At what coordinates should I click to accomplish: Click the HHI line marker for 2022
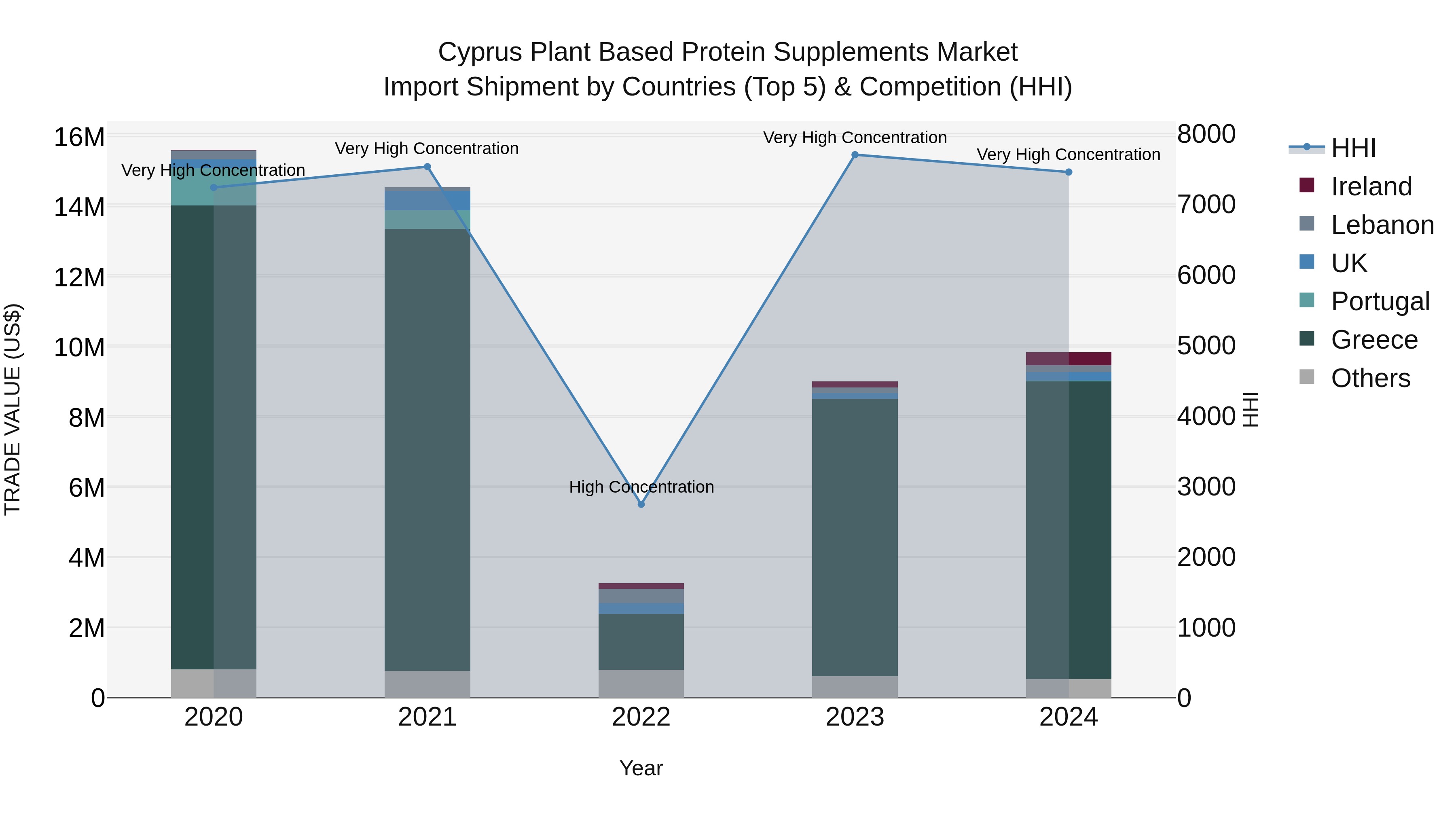point(641,504)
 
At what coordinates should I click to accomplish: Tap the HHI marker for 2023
point(855,155)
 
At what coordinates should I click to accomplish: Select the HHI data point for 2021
point(427,167)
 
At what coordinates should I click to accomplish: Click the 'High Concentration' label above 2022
point(641,487)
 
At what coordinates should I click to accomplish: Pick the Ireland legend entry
point(1371,186)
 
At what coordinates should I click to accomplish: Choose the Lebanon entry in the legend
point(1382,225)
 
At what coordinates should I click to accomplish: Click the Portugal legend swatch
point(1307,301)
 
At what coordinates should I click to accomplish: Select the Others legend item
point(1370,378)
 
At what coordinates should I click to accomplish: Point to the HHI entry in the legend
point(1353,148)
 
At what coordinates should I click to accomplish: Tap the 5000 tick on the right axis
point(1206,345)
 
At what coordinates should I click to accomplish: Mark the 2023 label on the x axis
point(855,717)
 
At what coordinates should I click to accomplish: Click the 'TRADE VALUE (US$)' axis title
point(13,409)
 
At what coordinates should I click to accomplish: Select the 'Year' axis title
point(641,768)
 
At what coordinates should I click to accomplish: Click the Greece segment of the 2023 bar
point(855,537)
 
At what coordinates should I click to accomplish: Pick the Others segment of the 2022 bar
point(641,684)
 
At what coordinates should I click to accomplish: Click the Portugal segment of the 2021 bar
point(427,219)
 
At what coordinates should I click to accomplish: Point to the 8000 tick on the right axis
point(1206,135)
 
